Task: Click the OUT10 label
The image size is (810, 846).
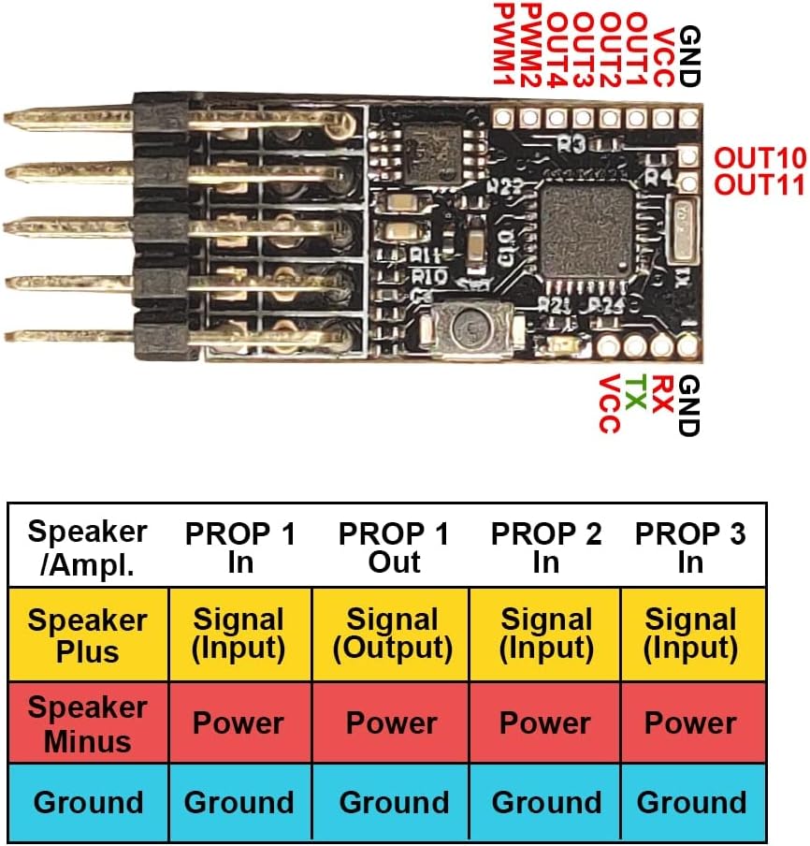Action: (x=759, y=157)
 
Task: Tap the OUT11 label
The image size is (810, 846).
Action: (x=759, y=184)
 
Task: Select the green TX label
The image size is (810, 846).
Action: (x=636, y=394)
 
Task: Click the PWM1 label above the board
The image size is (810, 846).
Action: (x=503, y=46)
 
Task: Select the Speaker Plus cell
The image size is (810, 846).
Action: (x=88, y=634)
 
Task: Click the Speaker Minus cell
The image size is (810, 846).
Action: (x=88, y=723)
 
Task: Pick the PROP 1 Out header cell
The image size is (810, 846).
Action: (x=394, y=547)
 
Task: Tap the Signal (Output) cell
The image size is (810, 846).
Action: (x=394, y=634)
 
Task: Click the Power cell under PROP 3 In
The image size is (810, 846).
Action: (x=691, y=723)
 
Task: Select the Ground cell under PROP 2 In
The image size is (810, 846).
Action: (x=546, y=802)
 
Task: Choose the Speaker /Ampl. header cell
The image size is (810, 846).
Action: (x=88, y=546)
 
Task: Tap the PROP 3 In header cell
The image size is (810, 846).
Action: (x=691, y=547)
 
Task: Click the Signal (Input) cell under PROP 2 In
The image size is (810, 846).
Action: (x=546, y=634)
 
